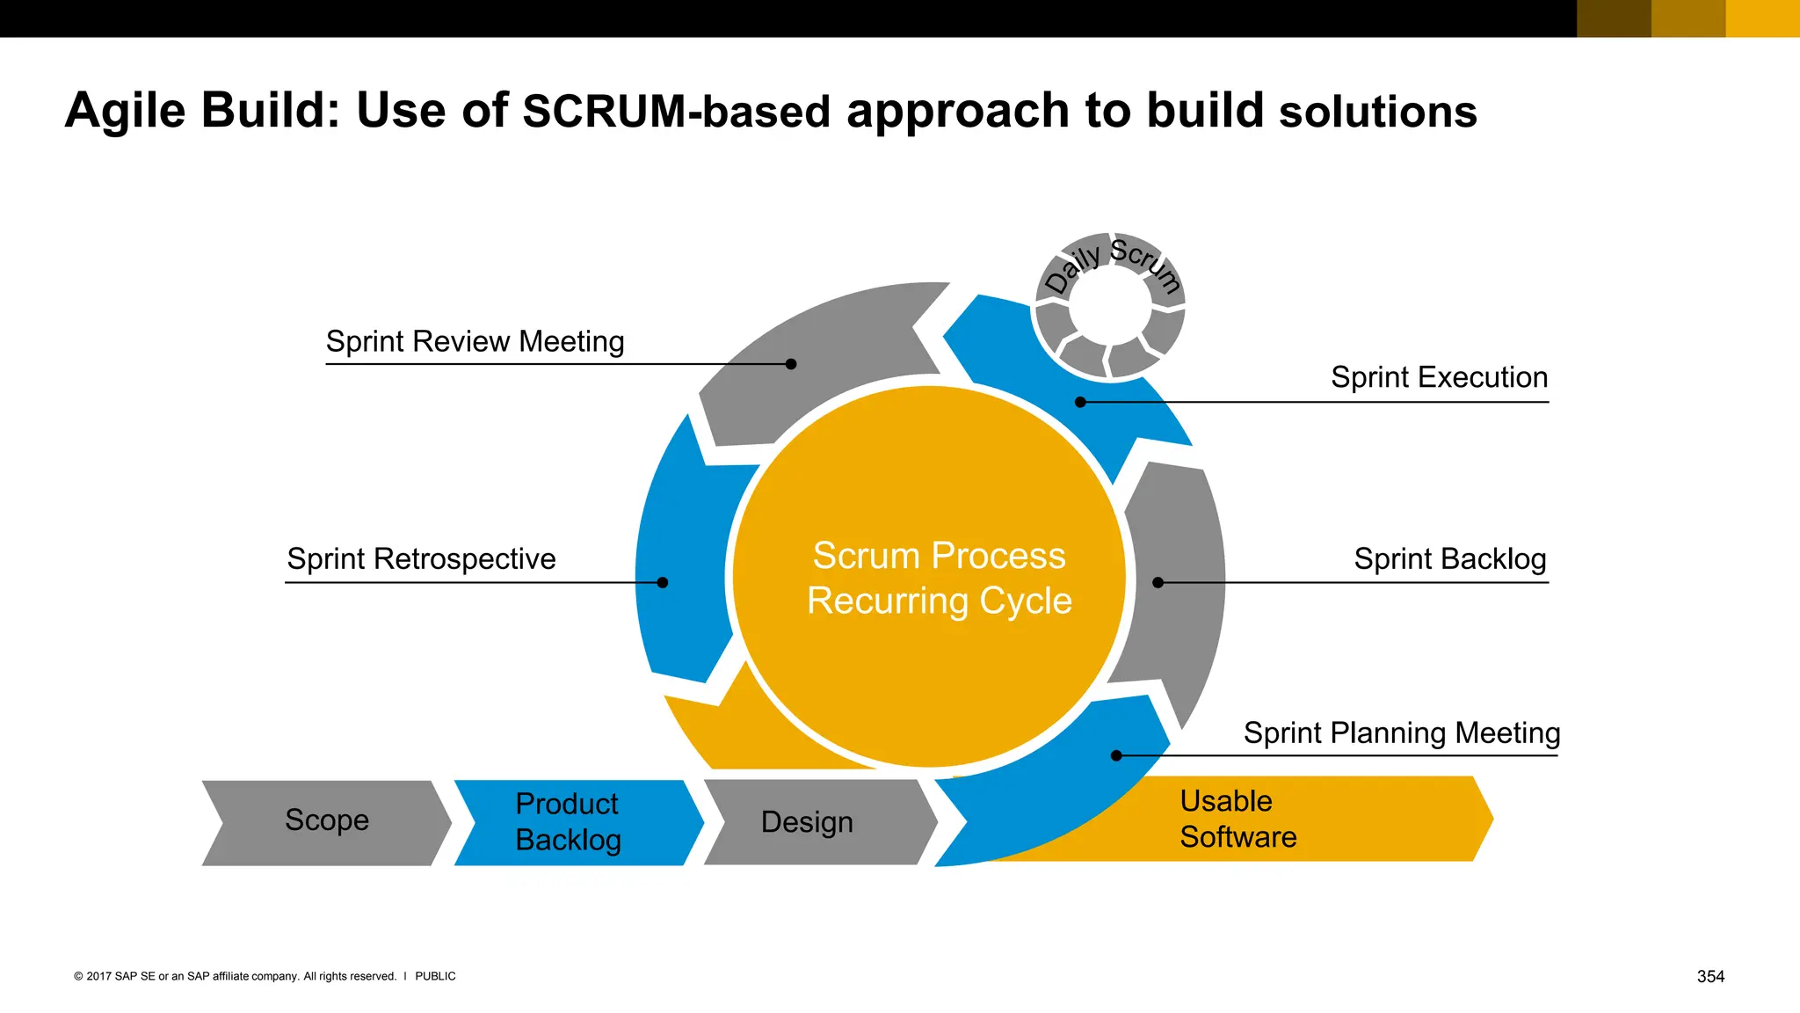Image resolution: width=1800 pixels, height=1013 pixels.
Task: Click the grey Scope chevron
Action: (x=326, y=821)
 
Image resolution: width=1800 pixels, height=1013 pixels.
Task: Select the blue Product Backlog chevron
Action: (x=570, y=822)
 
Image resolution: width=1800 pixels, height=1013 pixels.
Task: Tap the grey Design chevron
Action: (x=807, y=822)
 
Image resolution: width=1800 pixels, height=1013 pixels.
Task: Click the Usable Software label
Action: (x=1237, y=819)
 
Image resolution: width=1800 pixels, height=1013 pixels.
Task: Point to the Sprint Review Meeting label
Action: (x=475, y=341)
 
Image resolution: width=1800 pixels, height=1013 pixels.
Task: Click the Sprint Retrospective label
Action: (x=421, y=559)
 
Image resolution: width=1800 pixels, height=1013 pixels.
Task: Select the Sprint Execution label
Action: (x=1439, y=377)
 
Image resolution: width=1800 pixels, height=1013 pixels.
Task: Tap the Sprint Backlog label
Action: (x=1449, y=559)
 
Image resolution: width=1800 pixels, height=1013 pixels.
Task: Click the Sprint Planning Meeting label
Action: (x=1401, y=733)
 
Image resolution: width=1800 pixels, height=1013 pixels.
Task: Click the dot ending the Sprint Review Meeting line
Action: (x=791, y=364)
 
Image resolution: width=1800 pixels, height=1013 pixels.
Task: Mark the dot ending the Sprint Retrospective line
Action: (x=663, y=582)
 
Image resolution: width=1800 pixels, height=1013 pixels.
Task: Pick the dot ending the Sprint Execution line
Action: (x=1081, y=402)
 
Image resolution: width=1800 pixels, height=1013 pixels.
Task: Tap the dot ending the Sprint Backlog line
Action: (x=1158, y=582)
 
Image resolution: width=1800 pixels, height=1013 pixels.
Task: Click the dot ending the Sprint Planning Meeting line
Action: (x=1116, y=755)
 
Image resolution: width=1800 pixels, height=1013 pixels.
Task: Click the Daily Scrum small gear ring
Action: (x=1110, y=304)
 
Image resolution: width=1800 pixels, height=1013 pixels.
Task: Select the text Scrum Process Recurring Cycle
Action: (x=939, y=578)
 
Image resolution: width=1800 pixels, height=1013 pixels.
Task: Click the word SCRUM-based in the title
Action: (x=676, y=112)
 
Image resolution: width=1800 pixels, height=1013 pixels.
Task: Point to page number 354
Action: (x=1710, y=976)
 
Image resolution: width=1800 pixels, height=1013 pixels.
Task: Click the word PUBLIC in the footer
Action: (x=435, y=976)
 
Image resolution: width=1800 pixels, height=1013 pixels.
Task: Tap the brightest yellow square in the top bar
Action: (x=1762, y=18)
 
